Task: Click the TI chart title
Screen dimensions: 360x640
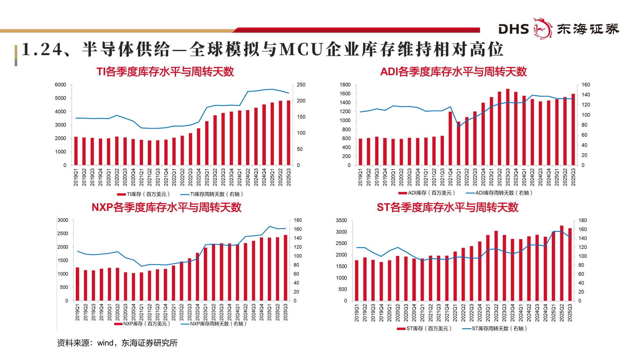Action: pyautogui.click(x=165, y=72)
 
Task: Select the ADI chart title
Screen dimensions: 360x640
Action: pyautogui.click(x=453, y=72)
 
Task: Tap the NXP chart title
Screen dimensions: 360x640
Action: pyautogui.click(x=166, y=207)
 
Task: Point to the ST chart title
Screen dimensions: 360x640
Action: pyautogui.click(x=447, y=207)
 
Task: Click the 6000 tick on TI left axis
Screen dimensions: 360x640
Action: pyautogui.click(x=60, y=85)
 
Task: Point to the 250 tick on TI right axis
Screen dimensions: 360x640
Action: pyautogui.click(x=301, y=85)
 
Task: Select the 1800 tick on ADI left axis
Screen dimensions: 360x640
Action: pyautogui.click(x=345, y=85)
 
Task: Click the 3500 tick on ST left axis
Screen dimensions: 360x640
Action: pyautogui.click(x=341, y=220)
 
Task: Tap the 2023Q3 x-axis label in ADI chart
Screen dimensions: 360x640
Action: pyautogui.click(x=508, y=177)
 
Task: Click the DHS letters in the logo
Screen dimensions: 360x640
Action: pyautogui.click(x=513, y=29)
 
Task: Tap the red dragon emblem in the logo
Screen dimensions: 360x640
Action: pyautogui.click(x=542, y=28)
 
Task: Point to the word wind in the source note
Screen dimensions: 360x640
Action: pyautogui.click(x=105, y=343)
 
